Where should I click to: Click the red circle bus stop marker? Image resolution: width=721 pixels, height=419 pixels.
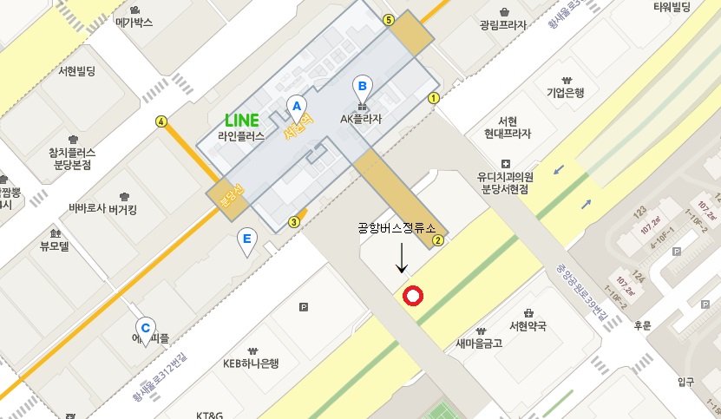[413, 297]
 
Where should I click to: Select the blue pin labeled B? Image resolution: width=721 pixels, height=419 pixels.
[362, 87]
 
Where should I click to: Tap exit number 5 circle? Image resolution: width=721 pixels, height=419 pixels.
[388, 20]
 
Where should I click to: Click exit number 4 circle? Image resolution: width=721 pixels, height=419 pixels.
[161, 121]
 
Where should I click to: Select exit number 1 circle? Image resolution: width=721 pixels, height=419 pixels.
[433, 98]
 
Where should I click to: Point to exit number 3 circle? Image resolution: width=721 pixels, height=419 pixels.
[294, 222]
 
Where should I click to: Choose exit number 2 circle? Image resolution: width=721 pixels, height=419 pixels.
[438, 240]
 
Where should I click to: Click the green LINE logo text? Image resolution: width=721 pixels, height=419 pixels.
[242, 121]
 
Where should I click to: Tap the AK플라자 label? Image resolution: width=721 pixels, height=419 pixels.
[361, 119]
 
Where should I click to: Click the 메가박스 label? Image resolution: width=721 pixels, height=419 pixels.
[134, 23]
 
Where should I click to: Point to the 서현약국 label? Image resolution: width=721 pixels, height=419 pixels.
[528, 326]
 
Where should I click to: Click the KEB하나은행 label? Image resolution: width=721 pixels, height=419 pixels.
[251, 363]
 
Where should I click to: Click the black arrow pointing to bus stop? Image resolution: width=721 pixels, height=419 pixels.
[401, 258]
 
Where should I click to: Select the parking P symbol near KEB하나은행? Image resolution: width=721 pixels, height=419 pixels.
[303, 306]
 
